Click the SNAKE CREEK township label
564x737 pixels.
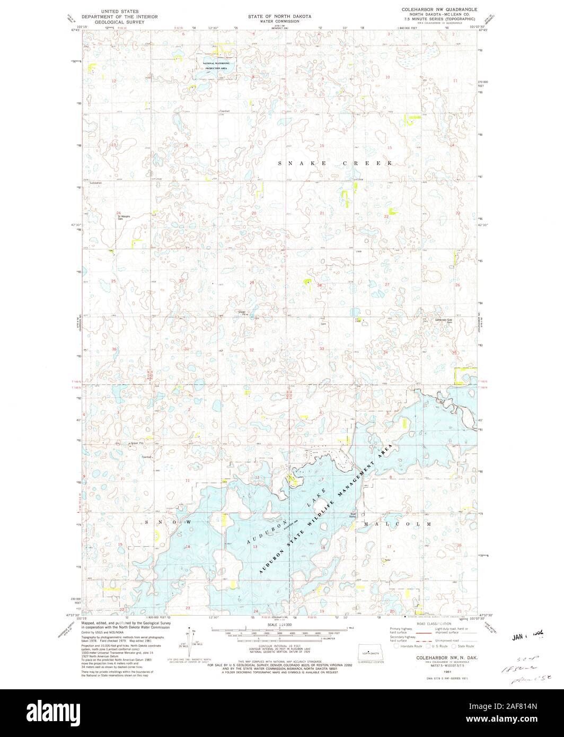click(336, 164)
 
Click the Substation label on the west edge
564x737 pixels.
click(95, 183)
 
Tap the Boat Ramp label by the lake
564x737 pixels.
click(352, 515)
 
